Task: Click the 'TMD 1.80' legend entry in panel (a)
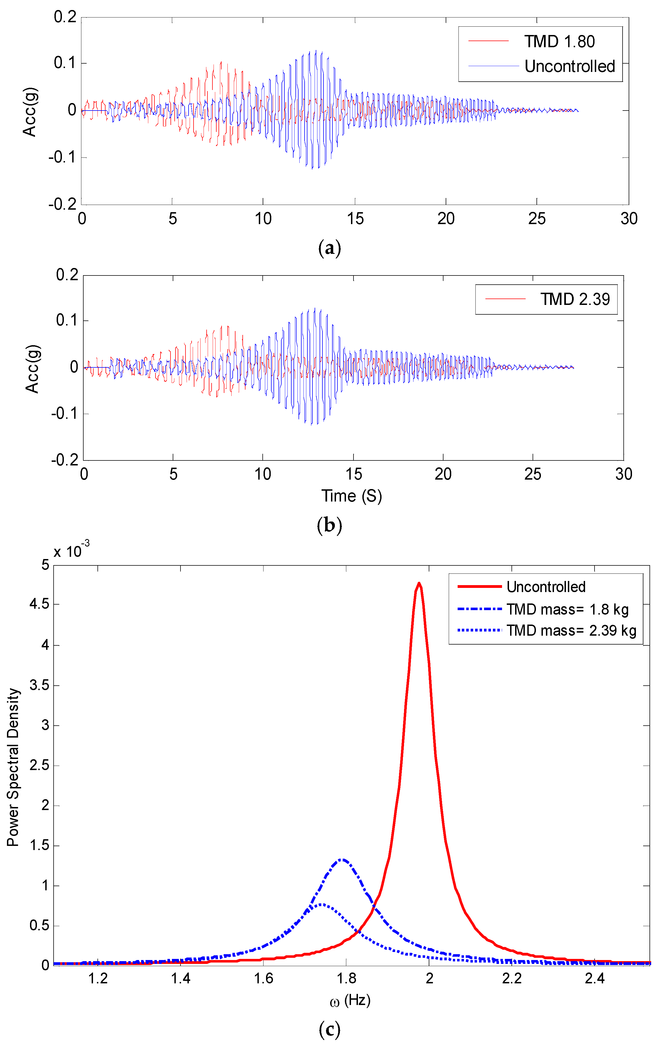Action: click(x=559, y=42)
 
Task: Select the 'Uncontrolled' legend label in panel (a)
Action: click(x=569, y=66)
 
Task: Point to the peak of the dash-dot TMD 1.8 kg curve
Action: click(x=342, y=859)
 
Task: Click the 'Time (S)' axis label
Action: click(x=352, y=496)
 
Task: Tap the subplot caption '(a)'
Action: click(x=329, y=248)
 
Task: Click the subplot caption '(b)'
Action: click(x=329, y=525)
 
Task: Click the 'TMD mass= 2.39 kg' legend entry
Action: click(x=571, y=631)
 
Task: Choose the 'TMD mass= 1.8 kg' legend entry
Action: click(x=567, y=609)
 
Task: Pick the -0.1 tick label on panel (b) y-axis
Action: click(x=64, y=414)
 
